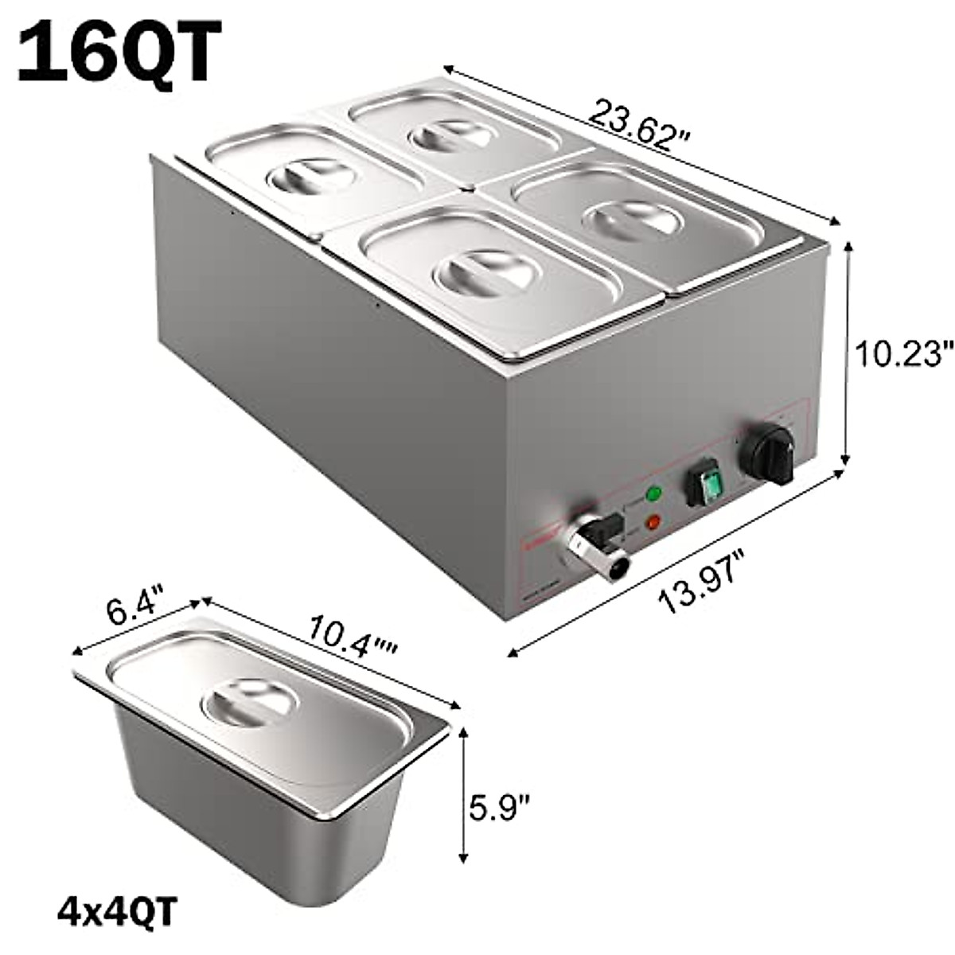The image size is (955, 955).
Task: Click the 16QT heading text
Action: (x=118, y=53)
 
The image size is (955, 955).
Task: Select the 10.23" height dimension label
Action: (x=903, y=352)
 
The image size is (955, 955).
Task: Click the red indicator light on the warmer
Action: (x=653, y=523)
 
